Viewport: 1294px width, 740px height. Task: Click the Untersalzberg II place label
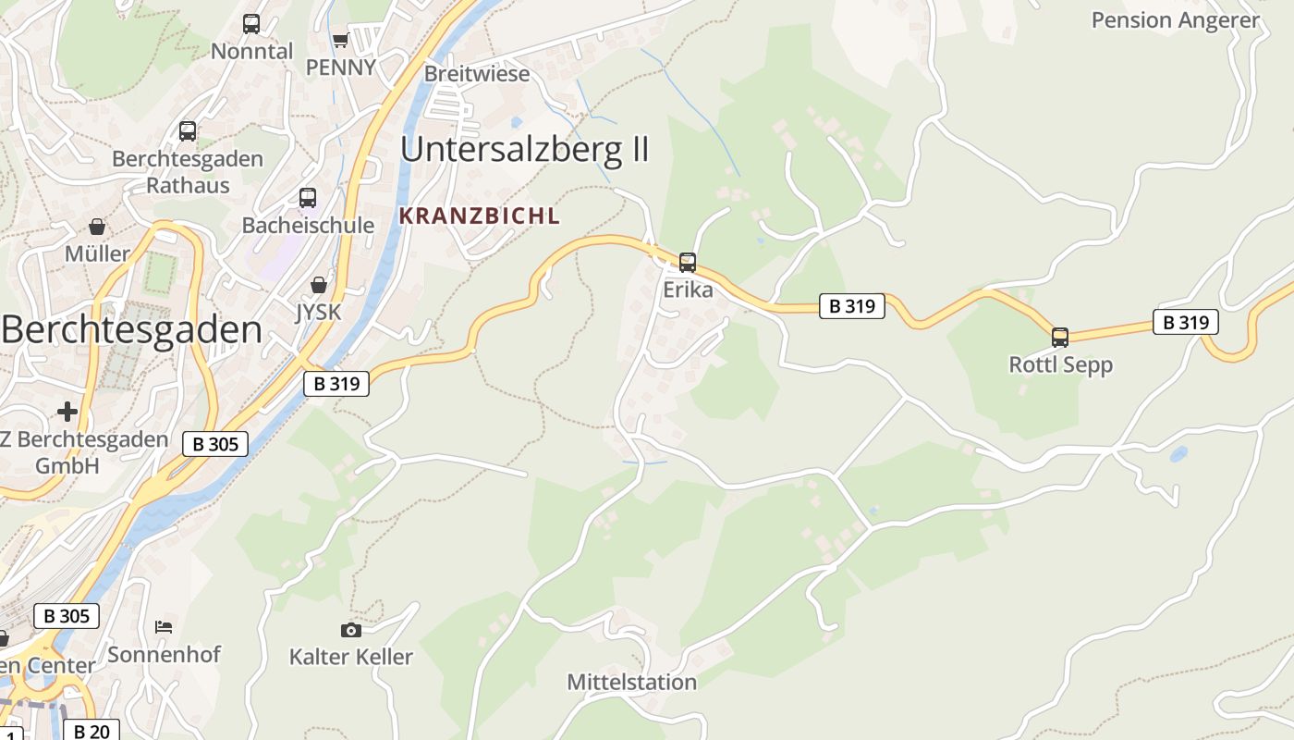click(x=525, y=149)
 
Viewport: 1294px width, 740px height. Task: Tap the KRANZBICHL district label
click(x=480, y=216)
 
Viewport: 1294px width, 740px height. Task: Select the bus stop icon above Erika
click(x=688, y=262)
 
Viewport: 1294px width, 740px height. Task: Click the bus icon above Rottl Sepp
click(x=1060, y=337)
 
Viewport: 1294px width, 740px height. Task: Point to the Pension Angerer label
click(x=1176, y=20)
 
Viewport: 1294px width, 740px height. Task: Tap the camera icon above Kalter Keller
click(x=351, y=630)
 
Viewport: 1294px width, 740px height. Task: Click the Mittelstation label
click(x=631, y=683)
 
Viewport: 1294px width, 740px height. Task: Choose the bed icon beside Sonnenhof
click(x=164, y=627)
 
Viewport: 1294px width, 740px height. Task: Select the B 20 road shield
click(x=92, y=731)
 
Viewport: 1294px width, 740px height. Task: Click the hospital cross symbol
click(x=67, y=411)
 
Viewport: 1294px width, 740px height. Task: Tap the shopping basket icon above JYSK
click(x=319, y=285)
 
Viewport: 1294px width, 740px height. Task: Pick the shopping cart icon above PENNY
click(x=340, y=41)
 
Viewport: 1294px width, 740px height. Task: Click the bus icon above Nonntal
click(x=251, y=24)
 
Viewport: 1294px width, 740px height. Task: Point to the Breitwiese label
click(x=477, y=73)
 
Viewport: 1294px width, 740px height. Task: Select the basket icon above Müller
click(x=97, y=227)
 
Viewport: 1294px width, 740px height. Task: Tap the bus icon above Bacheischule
click(x=308, y=198)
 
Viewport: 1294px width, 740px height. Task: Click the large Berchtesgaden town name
click(x=132, y=329)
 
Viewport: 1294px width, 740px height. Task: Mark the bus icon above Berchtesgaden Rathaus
click(x=188, y=131)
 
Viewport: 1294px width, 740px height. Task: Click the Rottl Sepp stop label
click(x=1060, y=364)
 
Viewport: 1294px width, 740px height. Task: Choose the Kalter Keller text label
click(x=351, y=657)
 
